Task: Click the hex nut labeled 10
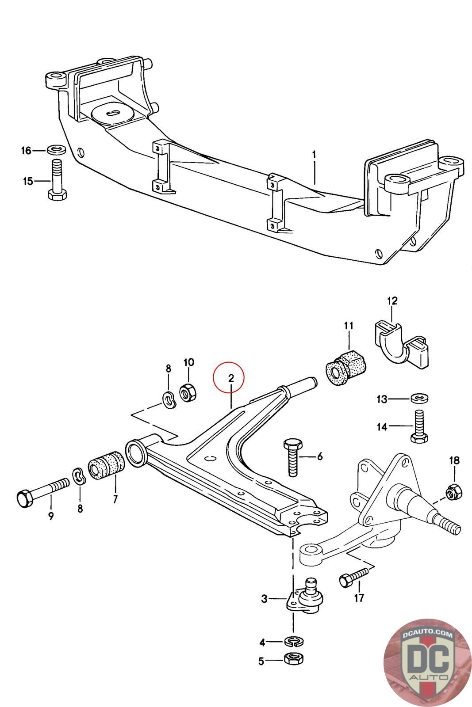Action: (x=188, y=392)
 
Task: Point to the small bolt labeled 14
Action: (x=418, y=426)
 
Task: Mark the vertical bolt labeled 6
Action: (x=292, y=457)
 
